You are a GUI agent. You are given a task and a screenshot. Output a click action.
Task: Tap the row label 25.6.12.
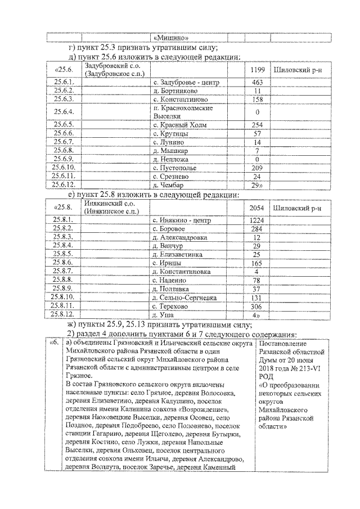[x=64, y=184]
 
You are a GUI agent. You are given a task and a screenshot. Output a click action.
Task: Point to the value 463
[x=257, y=83]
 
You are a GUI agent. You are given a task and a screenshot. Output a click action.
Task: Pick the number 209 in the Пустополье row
[x=257, y=168]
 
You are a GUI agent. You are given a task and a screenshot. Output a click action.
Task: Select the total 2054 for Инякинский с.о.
[x=257, y=208]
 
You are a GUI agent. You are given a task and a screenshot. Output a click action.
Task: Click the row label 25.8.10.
[x=64, y=297]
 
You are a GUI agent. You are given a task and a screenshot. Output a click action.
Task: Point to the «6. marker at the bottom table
[x=54, y=343]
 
